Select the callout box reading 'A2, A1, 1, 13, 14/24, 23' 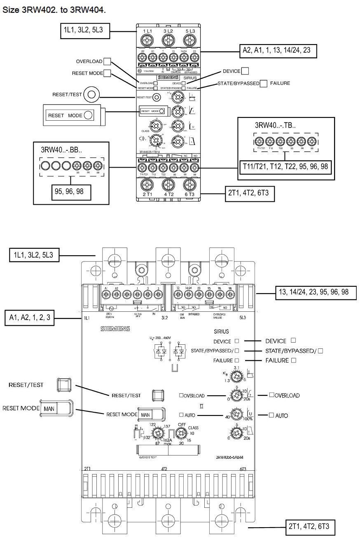pyautogui.click(x=278, y=50)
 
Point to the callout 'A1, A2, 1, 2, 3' pyautogui.click(x=32, y=318)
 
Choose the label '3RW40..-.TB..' pyautogui.click(x=274, y=126)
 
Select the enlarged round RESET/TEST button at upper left pyautogui.click(x=91, y=95)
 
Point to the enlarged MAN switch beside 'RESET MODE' pyautogui.click(x=57, y=408)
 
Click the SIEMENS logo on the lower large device pyautogui.click(x=115, y=329)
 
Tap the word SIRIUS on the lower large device pyautogui.click(x=221, y=331)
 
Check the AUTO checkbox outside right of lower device pyautogui.click(x=271, y=415)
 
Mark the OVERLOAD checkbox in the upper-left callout pyautogui.click(x=107, y=61)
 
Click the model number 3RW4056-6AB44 pyautogui.click(x=231, y=457)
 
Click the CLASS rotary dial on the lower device pyautogui.click(x=181, y=433)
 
